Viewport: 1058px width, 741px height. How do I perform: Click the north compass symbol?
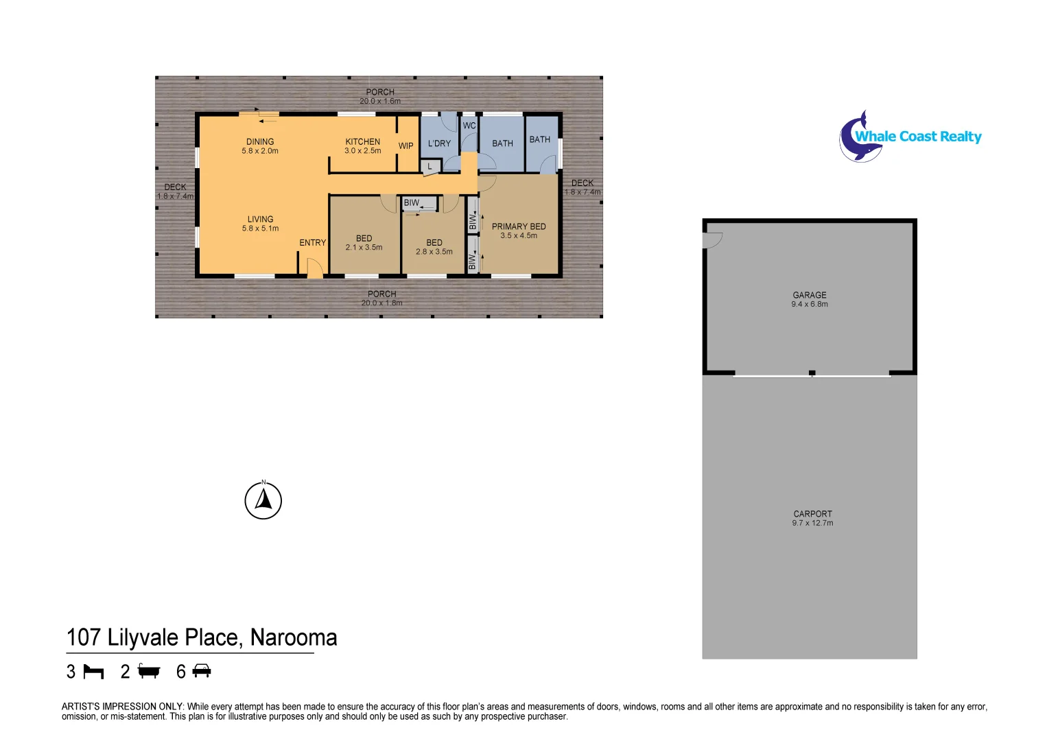click(x=263, y=501)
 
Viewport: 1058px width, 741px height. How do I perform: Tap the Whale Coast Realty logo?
click(x=910, y=137)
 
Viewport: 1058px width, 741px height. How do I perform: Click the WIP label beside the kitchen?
click(x=406, y=146)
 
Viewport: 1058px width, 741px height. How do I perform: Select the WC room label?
click(x=469, y=126)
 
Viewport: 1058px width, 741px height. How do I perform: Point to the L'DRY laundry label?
click(x=439, y=143)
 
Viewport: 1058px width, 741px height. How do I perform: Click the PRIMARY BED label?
click(x=519, y=226)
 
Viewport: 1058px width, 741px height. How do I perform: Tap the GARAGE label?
click(x=810, y=295)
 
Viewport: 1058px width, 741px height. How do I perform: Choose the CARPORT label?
click(x=812, y=514)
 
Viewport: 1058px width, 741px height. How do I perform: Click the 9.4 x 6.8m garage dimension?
click(x=810, y=305)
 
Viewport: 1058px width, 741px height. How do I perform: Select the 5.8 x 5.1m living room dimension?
click(x=260, y=228)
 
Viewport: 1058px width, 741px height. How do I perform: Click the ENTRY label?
click(x=312, y=243)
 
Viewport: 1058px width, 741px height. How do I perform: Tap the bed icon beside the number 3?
click(x=93, y=672)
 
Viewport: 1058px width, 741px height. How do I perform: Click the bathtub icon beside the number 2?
click(x=149, y=671)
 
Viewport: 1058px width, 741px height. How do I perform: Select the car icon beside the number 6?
click(x=202, y=671)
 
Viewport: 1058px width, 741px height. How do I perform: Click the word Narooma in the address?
click(x=294, y=638)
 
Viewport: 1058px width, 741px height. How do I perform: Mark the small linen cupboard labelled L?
click(x=430, y=167)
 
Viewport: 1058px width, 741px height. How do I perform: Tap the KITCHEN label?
click(x=362, y=142)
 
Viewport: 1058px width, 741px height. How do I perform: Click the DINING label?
click(x=260, y=142)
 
